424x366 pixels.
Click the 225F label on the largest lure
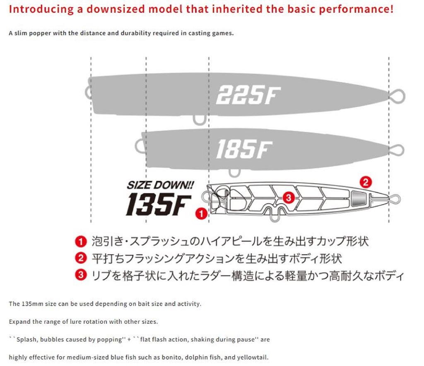[x=248, y=95]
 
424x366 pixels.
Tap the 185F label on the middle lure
[x=244, y=149]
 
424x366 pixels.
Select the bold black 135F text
[x=159, y=204]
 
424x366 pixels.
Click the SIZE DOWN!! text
[x=160, y=185]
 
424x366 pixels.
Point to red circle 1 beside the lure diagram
[x=201, y=214]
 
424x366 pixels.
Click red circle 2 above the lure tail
[x=366, y=182]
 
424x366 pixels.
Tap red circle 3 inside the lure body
[x=289, y=197]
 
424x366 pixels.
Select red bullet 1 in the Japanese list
[x=81, y=241]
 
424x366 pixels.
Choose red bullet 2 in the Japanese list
[x=81, y=258]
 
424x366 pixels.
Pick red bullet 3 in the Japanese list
[x=81, y=275]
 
